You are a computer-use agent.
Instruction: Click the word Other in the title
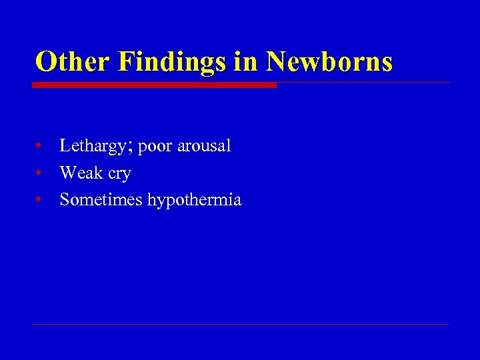(71, 62)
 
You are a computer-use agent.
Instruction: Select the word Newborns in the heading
(329, 62)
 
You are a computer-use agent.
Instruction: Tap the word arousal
(202, 146)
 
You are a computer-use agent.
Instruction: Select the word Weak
(81, 173)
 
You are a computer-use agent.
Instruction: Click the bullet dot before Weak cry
(41, 173)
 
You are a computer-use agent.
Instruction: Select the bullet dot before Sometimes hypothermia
(41, 199)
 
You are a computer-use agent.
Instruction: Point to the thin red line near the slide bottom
(240, 324)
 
